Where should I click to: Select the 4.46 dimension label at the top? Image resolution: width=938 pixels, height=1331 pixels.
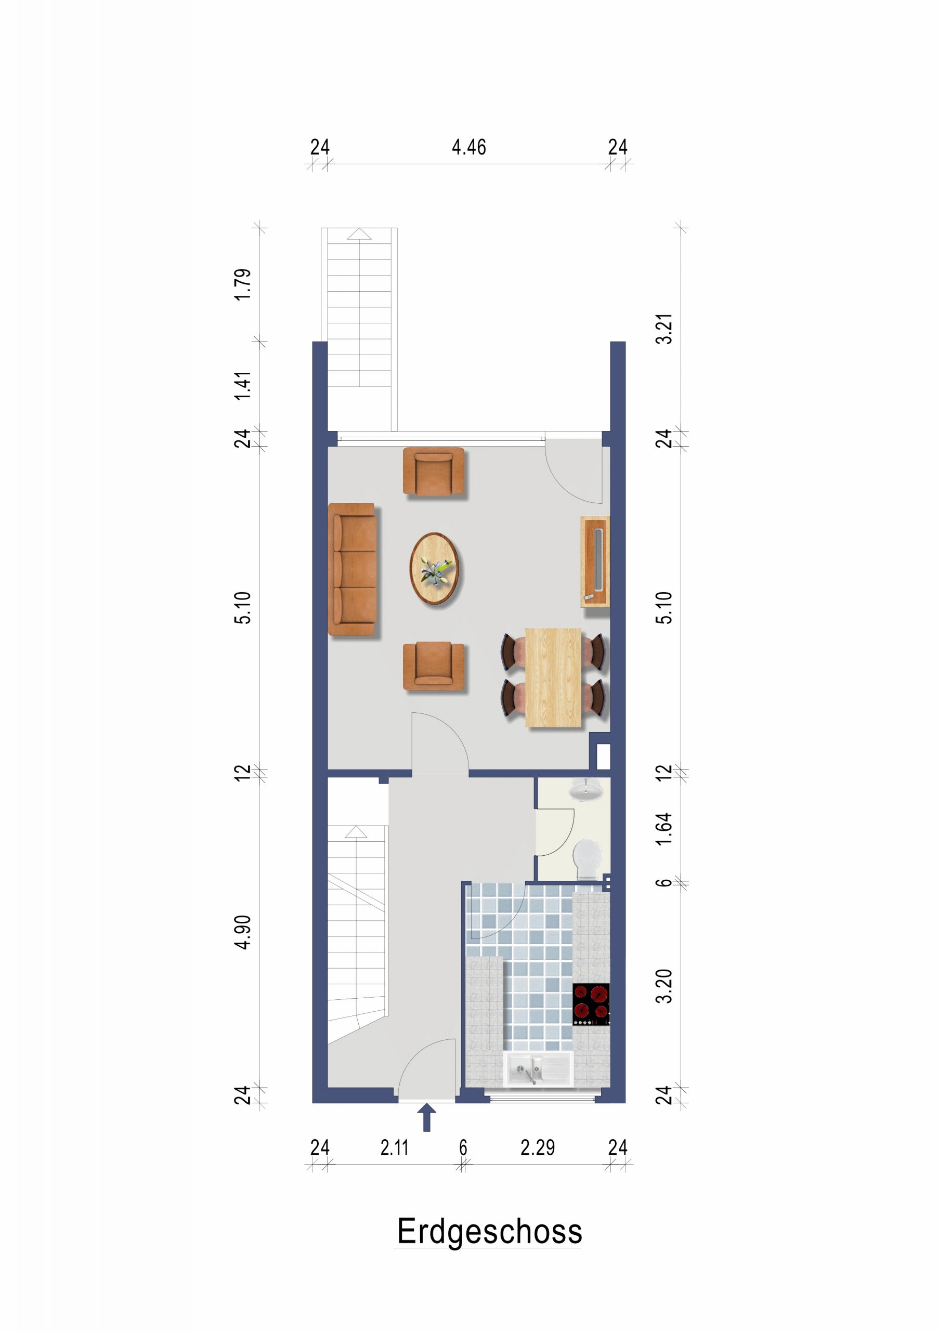pyautogui.click(x=468, y=147)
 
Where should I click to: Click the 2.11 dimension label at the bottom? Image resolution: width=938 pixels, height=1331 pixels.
pyautogui.click(x=395, y=1147)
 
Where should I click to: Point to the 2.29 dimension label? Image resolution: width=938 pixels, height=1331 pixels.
pyautogui.click(x=538, y=1147)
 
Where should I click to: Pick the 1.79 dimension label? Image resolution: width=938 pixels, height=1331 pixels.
pyautogui.click(x=243, y=284)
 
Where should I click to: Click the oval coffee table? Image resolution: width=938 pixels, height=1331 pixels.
pyautogui.click(x=434, y=568)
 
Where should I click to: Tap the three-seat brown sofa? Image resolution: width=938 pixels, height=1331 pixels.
pyautogui.click(x=353, y=569)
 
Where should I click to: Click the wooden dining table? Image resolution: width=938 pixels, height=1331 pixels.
pyautogui.click(x=553, y=677)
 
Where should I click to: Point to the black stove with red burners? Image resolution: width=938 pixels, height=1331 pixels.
pyautogui.click(x=591, y=1004)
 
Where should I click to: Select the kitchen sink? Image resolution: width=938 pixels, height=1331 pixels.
pyautogui.click(x=539, y=1068)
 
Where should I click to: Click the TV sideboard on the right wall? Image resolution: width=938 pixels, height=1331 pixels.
pyautogui.click(x=595, y=561)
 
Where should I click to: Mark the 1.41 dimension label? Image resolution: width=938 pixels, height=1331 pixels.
pyautogui.click(x=243, y=385)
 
